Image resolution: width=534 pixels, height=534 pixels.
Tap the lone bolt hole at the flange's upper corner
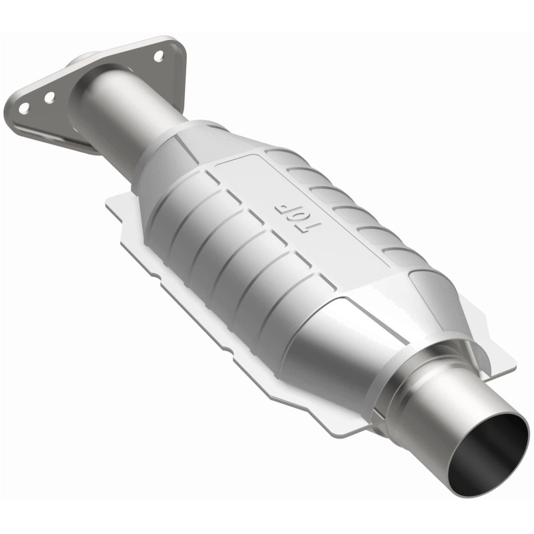(x=158, y=56)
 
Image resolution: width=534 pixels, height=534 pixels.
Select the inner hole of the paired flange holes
(x=49, y=97)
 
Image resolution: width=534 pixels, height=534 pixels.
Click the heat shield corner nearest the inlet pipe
(x=113, y=204)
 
